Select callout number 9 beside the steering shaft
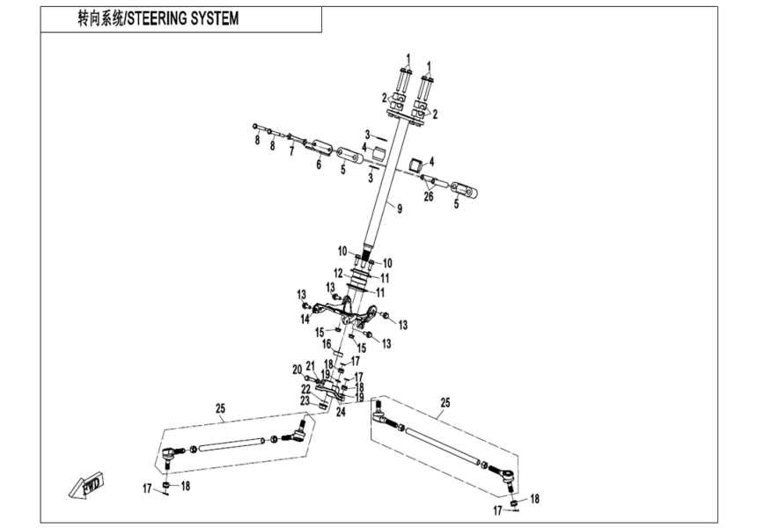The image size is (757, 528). pyautogui.click(x=399, y=209)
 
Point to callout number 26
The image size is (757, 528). pyautogui.click(x=429, y=196)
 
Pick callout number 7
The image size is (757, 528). pyautogui.click(x=290, y=150)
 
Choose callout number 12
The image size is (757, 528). pyautogui.click(x=338, y=275)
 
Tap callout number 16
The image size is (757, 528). pyautogui.click(x=326, y=344)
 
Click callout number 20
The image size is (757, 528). pyautogui.click(x=297, y=370)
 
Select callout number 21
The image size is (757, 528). pyautogui.click(x=310, y=366)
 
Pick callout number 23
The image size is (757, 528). pyautogui.click(x=305, y=400)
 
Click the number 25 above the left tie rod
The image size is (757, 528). pyautogui.click(x=220, y=407)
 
